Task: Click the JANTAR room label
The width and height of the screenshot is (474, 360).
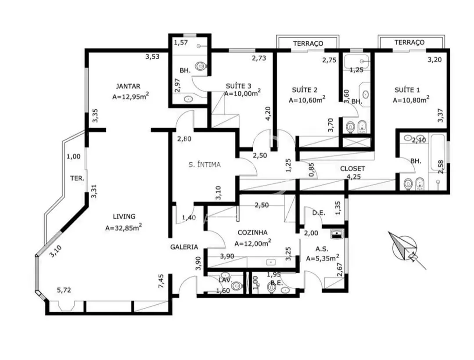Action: click(128, 86)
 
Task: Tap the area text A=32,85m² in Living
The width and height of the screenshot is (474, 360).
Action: click(123, 227)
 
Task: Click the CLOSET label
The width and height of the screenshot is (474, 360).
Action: click(352, 168)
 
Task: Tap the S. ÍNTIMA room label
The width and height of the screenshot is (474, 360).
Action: click(205, 165)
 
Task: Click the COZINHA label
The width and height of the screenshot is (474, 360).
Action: click(253, 232)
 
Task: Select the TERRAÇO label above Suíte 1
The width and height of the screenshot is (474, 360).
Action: click(409, 42)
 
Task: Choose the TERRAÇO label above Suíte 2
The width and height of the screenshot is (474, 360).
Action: click(308, 43)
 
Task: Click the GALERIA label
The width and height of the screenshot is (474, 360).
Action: click(184, 247)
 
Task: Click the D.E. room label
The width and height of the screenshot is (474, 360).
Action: click(318, 213)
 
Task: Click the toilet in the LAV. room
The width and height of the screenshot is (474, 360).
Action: click(237, 286)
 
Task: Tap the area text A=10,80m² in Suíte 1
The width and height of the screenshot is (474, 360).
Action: click(410, 100)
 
